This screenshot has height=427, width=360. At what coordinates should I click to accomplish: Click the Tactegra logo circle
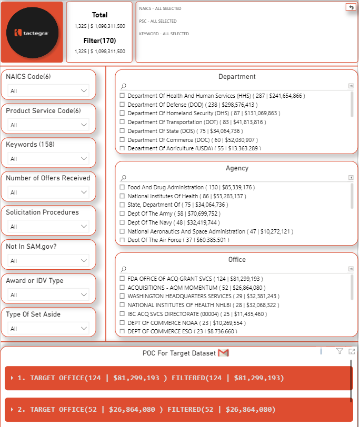click(32, 33)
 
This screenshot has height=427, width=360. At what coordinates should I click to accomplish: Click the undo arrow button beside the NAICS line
click(351, 7)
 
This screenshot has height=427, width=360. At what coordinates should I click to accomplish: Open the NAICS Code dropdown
click(48, 91)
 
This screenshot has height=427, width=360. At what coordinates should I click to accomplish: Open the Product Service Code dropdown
click(48, 125)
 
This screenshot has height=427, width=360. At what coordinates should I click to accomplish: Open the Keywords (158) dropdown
click(48, 159)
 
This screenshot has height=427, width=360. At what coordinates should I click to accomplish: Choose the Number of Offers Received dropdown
click(48, 192)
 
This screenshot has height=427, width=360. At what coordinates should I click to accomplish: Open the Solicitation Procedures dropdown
click(48, 227)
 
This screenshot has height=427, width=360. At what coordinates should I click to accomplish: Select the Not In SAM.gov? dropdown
click(48, 261)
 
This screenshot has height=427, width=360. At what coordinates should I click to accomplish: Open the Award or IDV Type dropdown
click(48, 295)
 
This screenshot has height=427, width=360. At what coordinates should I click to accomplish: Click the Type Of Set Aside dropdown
click(48, 329)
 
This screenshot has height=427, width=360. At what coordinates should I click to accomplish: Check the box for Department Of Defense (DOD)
click(122, 105)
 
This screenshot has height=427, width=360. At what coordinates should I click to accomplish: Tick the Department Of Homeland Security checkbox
click(122, 113)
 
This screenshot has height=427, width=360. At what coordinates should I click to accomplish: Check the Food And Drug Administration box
click(122, 187)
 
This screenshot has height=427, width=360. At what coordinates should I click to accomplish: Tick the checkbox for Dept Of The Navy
click(122, 222)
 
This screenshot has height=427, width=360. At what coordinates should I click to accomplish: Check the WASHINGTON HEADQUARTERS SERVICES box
click(122, 296)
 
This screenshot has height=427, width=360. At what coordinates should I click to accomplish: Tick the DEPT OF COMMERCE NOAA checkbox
click(122, 322)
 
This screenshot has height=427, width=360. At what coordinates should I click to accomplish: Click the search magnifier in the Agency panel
click(123, 178)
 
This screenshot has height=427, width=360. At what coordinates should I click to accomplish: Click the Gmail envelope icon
click(223, 353)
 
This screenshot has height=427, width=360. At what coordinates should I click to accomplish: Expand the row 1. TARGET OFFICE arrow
click(12, 378)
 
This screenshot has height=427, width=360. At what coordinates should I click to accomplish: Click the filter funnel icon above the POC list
click(339, 351)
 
